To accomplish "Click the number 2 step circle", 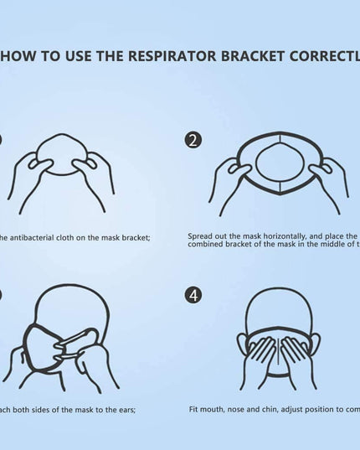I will tap(193, 140).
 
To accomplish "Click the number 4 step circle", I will tap(193, 295).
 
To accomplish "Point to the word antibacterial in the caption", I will tap(34, 237).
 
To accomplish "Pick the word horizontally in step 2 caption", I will tap(277, 237).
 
